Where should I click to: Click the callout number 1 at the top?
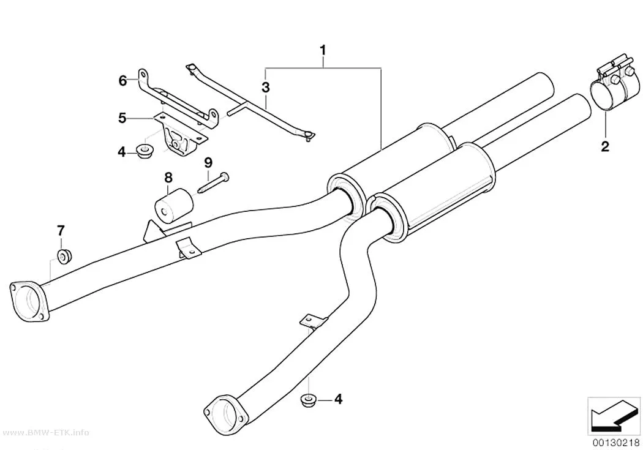(x=323, y=50)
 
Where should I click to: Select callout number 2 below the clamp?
(x=605, y=146)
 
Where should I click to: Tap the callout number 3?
(x=266, y=87)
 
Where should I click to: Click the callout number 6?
(x=122, y=81)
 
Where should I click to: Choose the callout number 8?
(x=168, y=178)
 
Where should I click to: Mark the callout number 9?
(x=208, y=163)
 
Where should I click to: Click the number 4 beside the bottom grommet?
(x=338, y=399)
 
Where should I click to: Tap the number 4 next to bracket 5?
(x=121, y=152)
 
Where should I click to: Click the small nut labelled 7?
(x=64, y=256)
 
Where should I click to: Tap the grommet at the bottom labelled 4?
(x=308, y=400)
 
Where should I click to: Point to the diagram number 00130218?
(x=615, y=443)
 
